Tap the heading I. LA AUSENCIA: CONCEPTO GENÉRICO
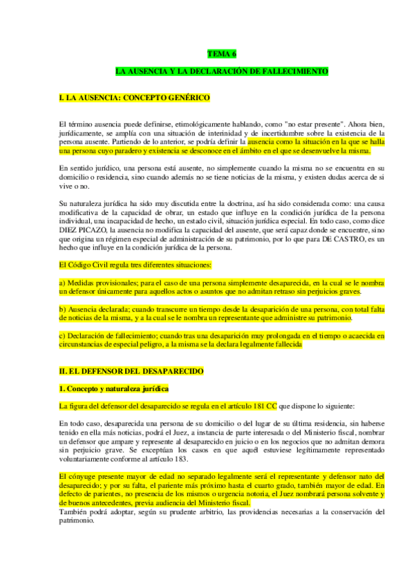click(x=135, y=99)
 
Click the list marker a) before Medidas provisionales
click(x=63, y=283)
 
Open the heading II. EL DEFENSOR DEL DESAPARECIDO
click(x=132, y=371)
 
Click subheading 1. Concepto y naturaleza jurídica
click(x=113, y=389)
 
